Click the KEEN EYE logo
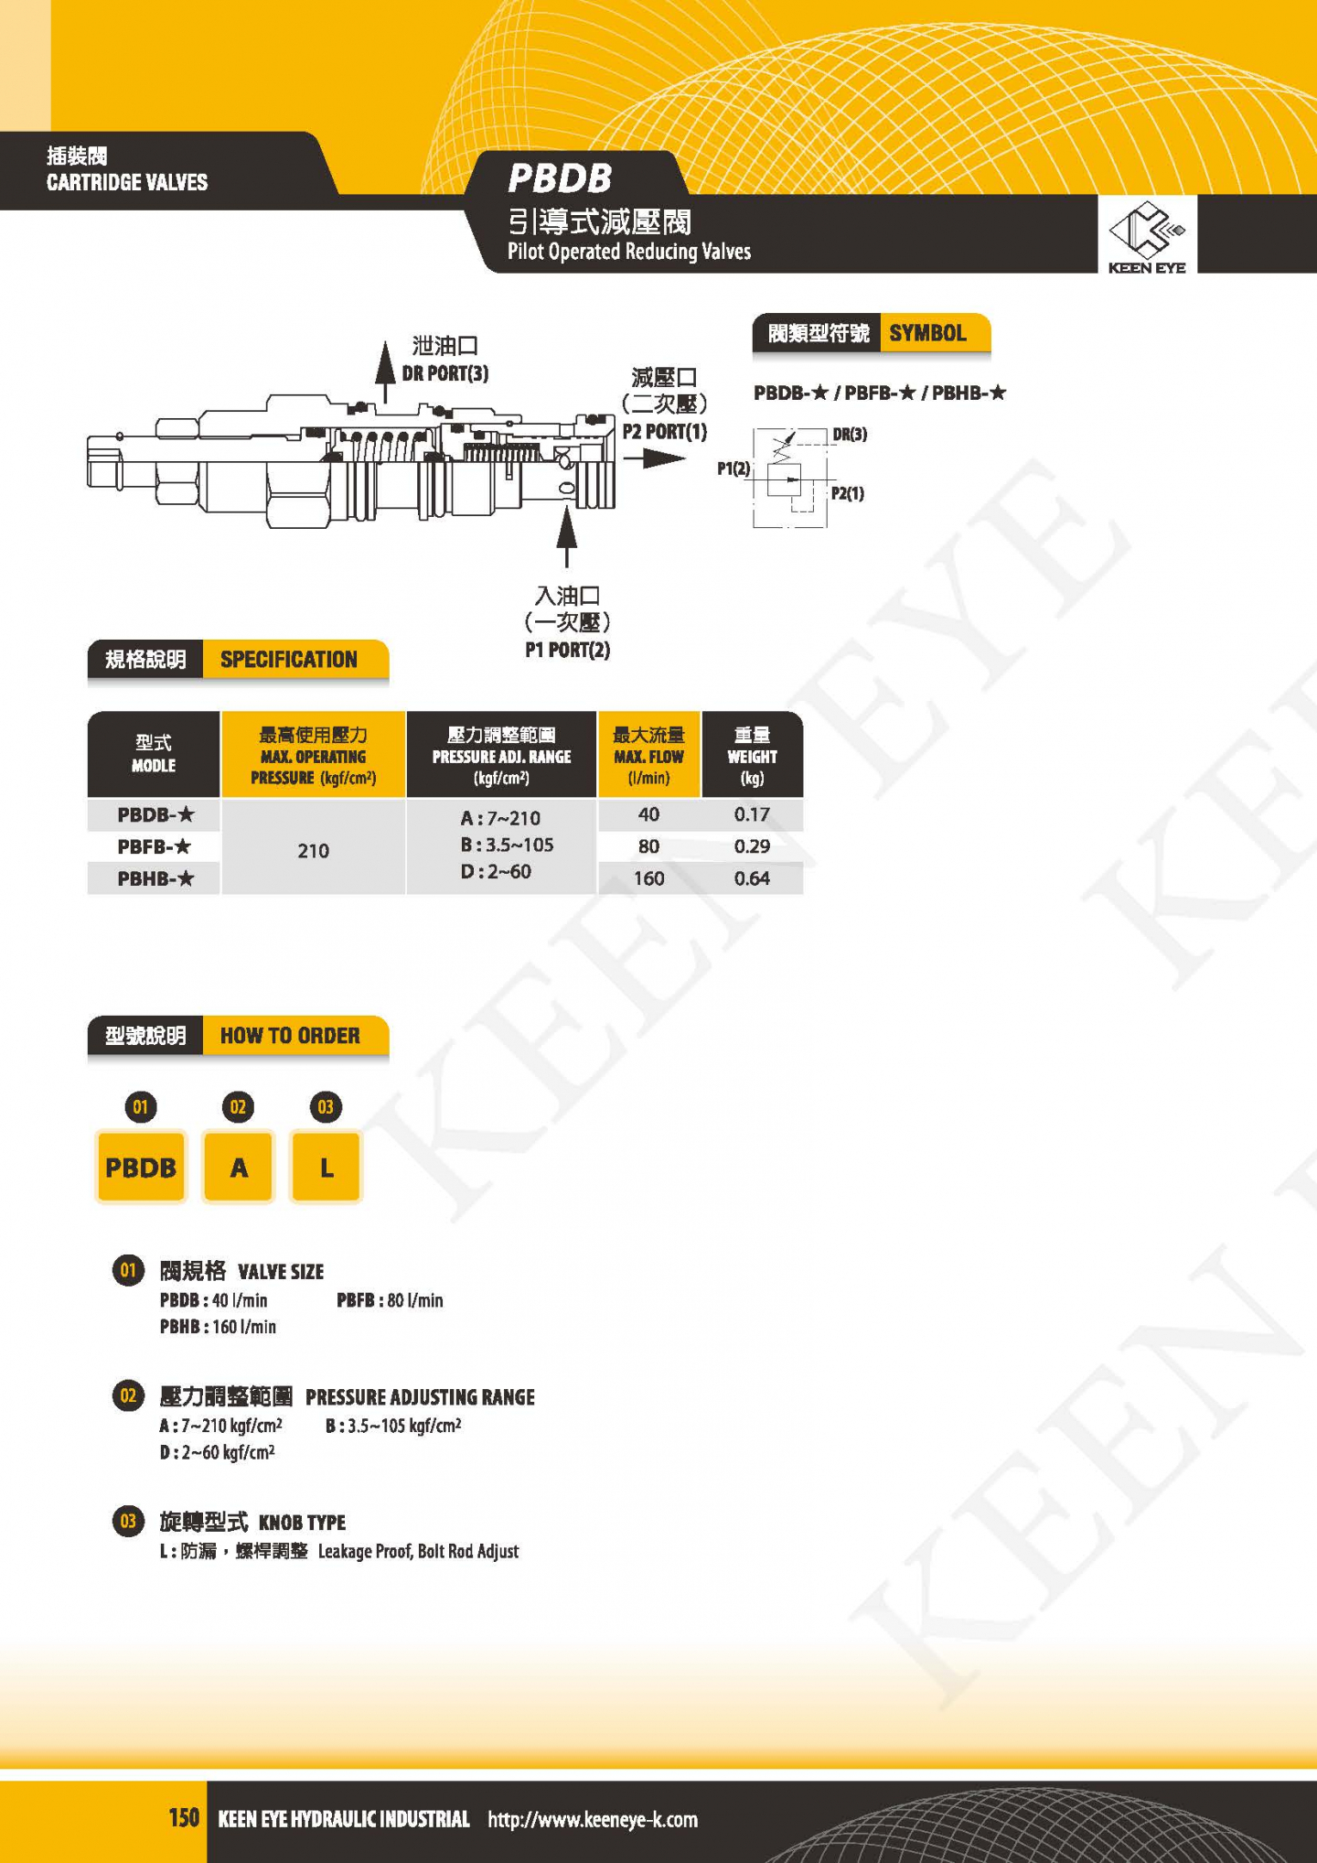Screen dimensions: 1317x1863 tap(1147, 236)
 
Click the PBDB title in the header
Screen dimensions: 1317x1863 tap(560, 178)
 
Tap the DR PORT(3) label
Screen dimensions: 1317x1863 tap(445, 373)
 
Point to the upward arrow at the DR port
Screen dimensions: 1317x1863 tap(386, 370)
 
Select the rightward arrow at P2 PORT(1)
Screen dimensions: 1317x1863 tap(654, 458)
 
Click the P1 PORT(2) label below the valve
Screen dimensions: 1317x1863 tap(567, 650)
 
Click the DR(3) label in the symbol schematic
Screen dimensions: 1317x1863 tap(850, 435)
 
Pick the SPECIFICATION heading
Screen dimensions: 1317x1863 tap(289, 660)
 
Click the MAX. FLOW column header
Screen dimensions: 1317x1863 tap(648, 756)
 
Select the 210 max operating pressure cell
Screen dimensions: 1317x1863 tap(313, 850)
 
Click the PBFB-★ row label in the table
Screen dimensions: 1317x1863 tap(155, 846)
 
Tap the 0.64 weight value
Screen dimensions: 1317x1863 tap(752, 878)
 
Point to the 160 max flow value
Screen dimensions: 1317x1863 tap(648, 878)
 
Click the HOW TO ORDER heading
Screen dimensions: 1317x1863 tap(290, 1036)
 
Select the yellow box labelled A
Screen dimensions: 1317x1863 tap(238, 1167)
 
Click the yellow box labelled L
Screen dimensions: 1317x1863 tap(326, 1167)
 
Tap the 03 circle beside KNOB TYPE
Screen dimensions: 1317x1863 tap(128, 1521)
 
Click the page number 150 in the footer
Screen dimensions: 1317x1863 tap(184, 1817)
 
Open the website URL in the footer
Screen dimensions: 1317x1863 tap(593, 1819)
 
